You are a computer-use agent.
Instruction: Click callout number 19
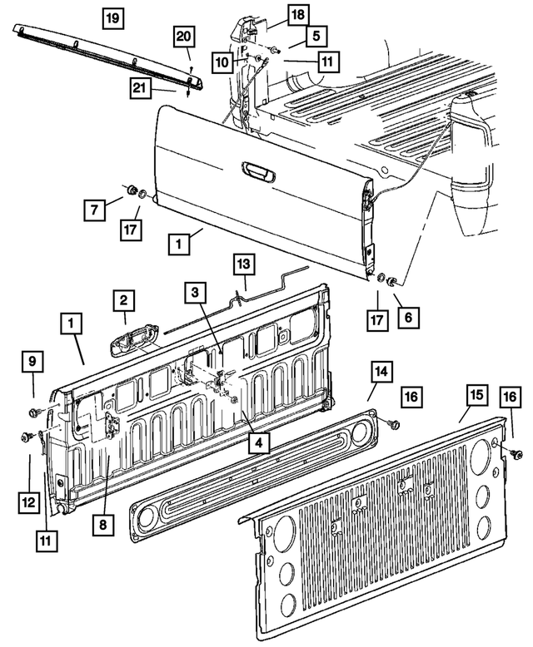coord(115,16)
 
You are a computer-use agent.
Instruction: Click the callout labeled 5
coord(316,36)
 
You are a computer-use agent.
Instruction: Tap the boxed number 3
coord(193,292)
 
